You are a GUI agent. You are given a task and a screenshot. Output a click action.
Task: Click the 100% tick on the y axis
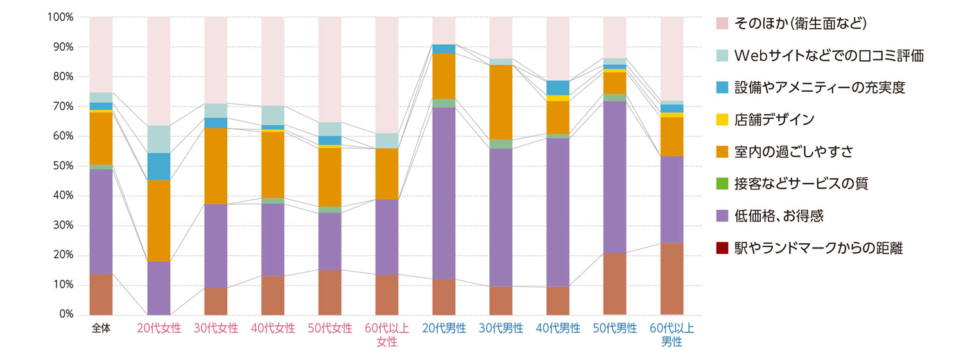pos(61,17)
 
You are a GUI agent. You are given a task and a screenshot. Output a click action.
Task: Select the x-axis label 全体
pos(101,329)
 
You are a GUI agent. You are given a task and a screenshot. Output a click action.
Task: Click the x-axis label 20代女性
pos(159,329)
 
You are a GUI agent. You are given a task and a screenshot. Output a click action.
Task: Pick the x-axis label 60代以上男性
pos(672,335)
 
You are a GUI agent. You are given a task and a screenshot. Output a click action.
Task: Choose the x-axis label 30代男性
pos(501,329)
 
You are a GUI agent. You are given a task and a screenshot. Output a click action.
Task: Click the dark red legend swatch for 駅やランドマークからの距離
pos(723,248)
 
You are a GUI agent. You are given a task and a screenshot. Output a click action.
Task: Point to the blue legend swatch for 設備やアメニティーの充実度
pos(723,87)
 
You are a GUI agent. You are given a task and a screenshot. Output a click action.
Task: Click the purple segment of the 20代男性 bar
pos(444,193)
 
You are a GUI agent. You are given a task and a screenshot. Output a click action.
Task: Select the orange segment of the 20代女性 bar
pos(159,220)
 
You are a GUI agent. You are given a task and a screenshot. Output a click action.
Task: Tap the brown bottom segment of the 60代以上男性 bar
pos(672,279)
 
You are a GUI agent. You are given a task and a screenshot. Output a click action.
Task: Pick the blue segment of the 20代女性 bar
pos(159,166)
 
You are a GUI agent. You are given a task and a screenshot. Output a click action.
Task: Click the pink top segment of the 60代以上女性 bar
pos(386,74)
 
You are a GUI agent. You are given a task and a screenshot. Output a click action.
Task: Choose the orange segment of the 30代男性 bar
pos(501,102)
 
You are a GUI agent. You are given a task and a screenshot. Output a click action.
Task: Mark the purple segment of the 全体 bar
pos(101,221)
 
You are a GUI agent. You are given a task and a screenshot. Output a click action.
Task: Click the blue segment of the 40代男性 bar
pos(558,87)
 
